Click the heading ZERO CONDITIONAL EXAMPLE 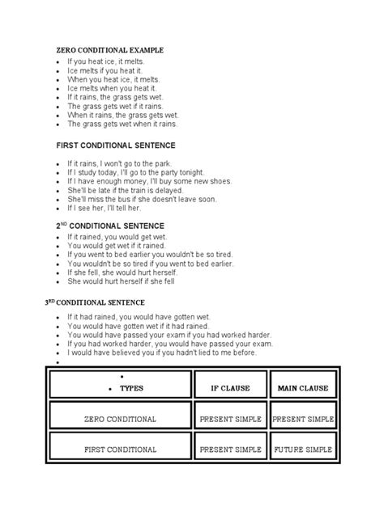coord(115,50)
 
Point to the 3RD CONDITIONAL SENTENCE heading coord(105,302)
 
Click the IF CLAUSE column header coord(232,388)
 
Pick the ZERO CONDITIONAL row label coord(119,420)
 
